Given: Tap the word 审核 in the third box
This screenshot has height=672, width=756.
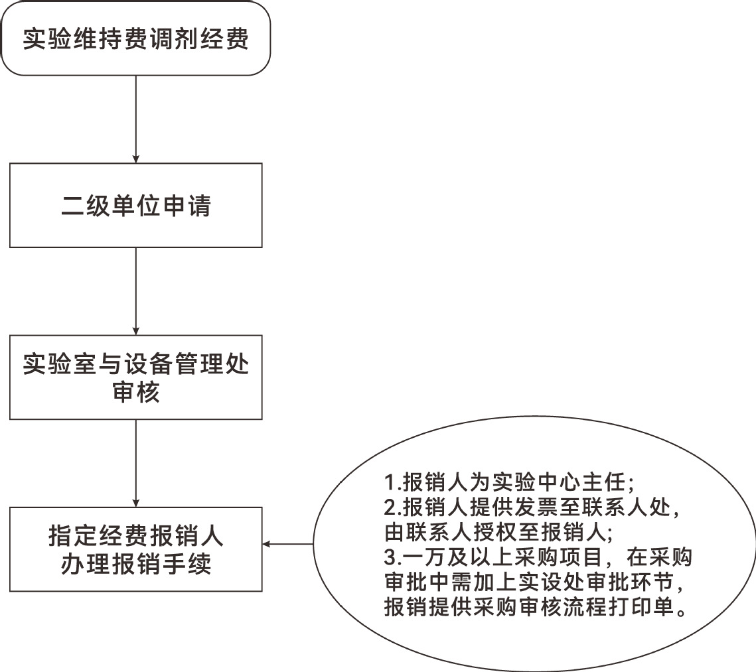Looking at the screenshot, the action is coord(136,392).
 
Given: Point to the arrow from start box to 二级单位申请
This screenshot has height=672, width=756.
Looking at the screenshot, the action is coord(136,119).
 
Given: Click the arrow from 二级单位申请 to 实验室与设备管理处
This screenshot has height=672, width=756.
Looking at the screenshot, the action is coord(136,291).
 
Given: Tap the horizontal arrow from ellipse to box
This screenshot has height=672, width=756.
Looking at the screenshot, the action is coord(288,545).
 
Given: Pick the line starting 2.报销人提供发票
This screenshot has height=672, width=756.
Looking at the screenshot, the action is coord(532,507).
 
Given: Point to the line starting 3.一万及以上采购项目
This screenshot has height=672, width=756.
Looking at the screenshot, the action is coord(538,557).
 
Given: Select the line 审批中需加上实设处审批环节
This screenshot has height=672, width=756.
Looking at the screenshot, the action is coord(534,582).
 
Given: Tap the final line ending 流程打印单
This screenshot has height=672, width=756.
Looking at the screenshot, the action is coord(536,607).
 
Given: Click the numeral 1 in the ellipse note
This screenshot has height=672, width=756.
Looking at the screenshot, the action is coord(390,482).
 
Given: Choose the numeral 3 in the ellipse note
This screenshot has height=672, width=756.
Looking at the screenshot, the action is coord(390,557).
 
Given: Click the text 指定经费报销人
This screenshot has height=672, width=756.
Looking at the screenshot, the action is coord(136,535).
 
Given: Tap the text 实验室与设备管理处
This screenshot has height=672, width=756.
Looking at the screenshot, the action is coord(136,364).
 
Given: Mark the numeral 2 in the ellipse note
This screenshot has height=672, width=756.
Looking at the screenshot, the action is coord(390,507).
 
